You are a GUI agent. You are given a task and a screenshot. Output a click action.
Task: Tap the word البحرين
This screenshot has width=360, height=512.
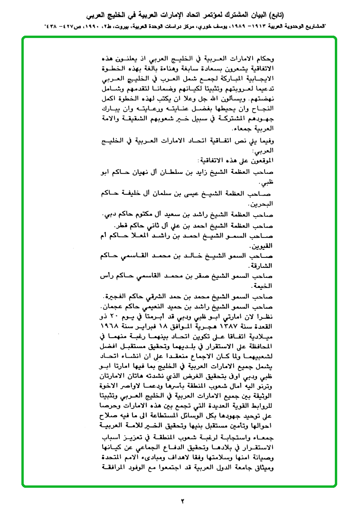(264, 204)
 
